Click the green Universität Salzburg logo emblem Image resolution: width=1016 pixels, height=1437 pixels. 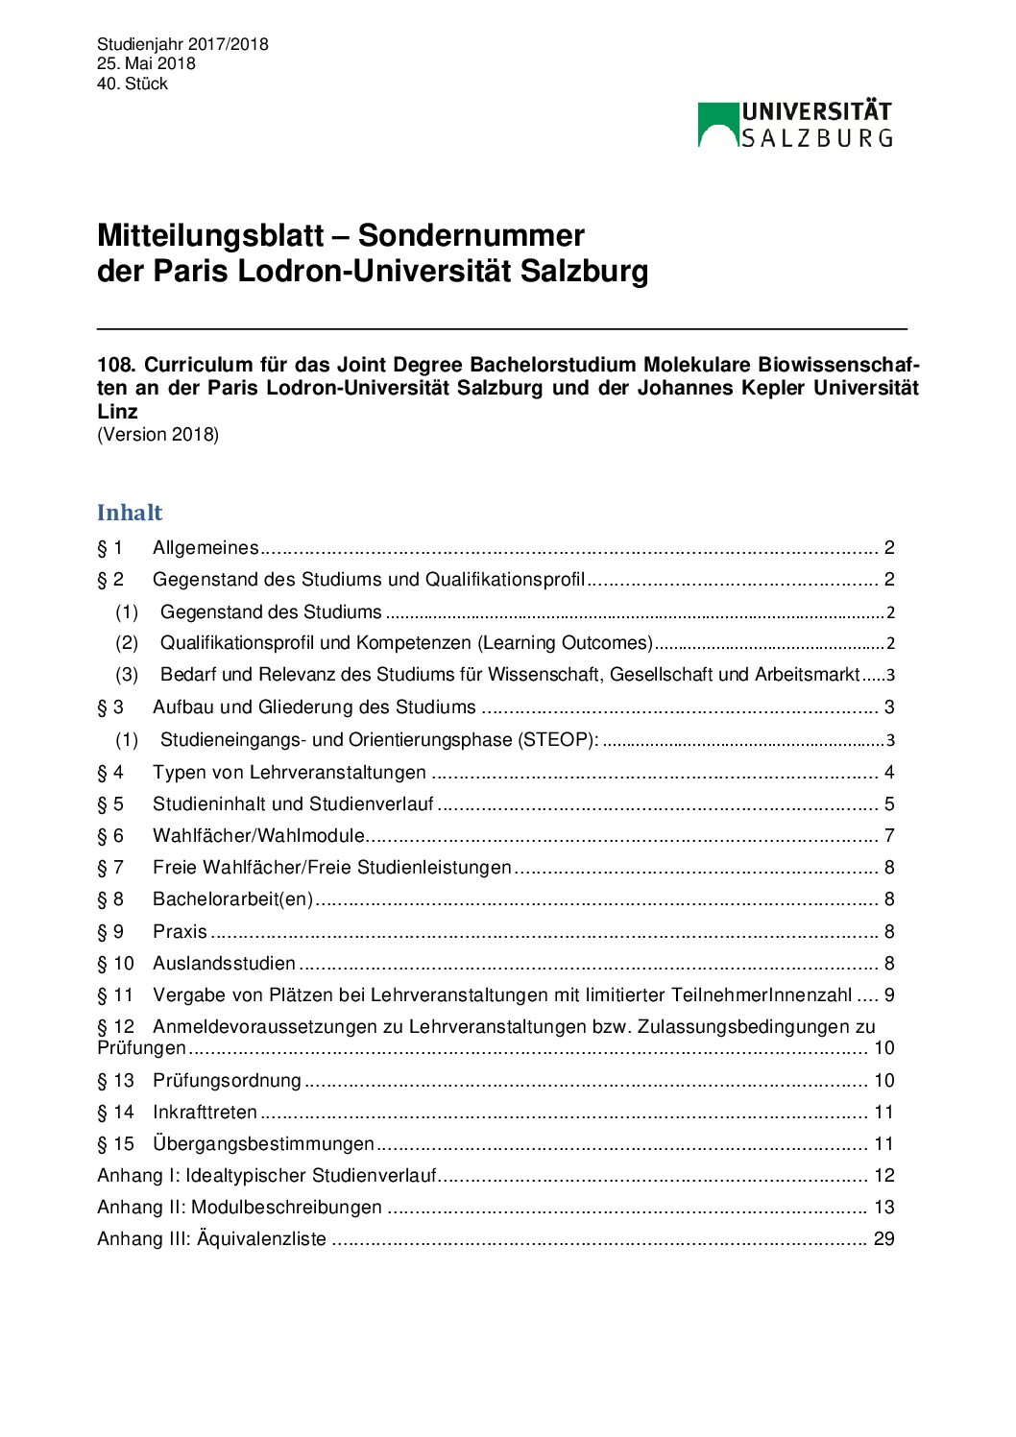tap(717, 125)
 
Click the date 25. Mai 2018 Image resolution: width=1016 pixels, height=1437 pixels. tap(146, 63)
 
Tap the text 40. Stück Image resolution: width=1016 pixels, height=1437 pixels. tap(133, 84)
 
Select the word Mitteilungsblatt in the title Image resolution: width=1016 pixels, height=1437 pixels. tap(210, 236)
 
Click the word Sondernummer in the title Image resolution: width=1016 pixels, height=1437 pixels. tap(471, 236)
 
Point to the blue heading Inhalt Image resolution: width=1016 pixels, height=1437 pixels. tap(130, 513)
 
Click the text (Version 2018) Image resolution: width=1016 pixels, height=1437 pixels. tap(157, 435)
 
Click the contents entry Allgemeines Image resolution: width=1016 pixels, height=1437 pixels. tap(206, 548)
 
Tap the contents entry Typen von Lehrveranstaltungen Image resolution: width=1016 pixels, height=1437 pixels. tap(289, 773)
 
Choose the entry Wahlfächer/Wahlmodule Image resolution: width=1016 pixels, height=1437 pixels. tap(258, 836)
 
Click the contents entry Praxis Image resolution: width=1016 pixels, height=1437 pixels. tap(180, 932)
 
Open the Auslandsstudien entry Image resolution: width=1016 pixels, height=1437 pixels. tap(224, 964)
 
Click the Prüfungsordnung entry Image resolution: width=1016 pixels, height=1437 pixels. tap(227, 1081)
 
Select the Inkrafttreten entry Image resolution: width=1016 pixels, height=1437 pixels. tap(205, 1113)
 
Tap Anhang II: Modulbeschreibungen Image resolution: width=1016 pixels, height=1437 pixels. tap(239, 1208)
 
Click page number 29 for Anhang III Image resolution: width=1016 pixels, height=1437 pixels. tap(883, 1239)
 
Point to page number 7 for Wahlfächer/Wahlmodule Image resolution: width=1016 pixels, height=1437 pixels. tap(889, 836)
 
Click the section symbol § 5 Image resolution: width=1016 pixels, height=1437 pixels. tap(110, 804)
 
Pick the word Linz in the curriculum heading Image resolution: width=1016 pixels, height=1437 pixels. tap(117, 412)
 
